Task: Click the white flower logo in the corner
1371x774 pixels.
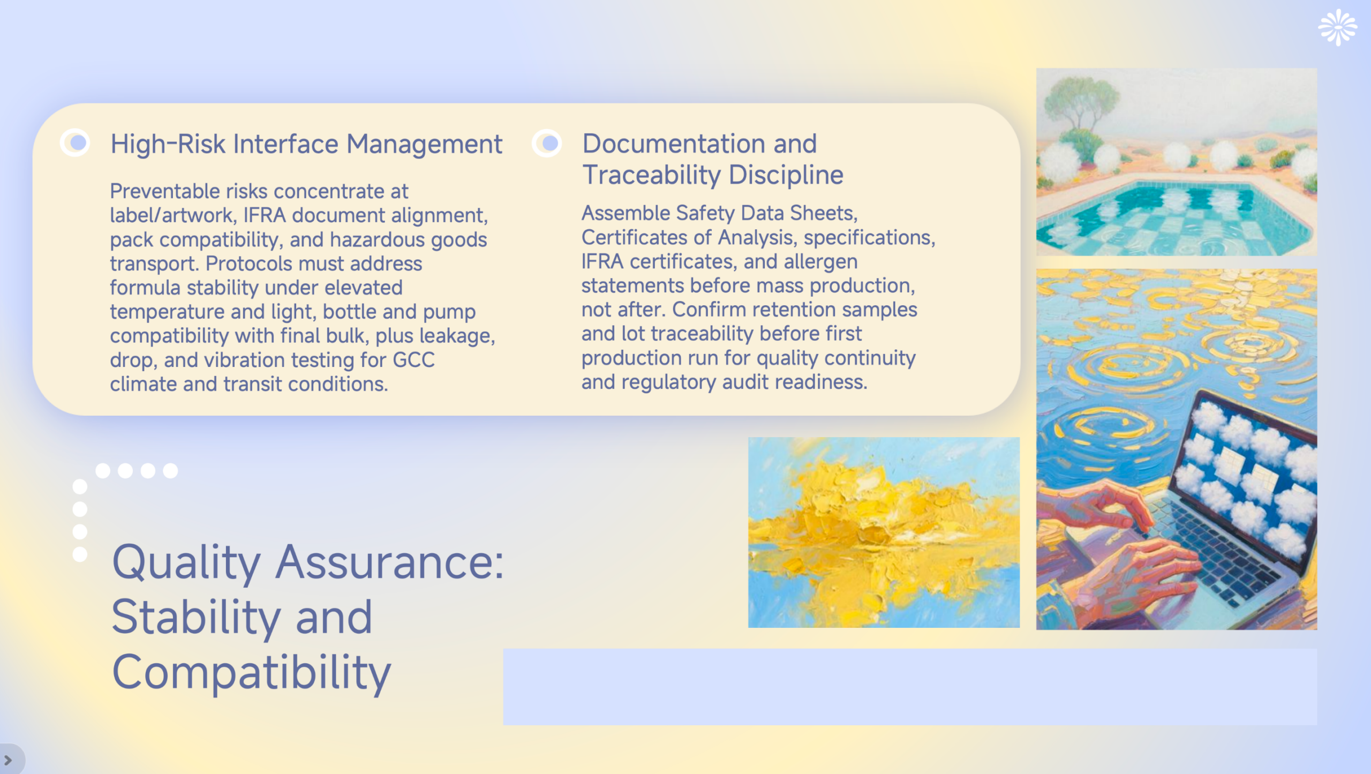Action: point(1337,27)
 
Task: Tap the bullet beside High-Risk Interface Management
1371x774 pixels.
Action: point(75,142)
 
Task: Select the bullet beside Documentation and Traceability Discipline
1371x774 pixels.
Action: point(547,143)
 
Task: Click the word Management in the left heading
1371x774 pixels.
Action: point(424,144)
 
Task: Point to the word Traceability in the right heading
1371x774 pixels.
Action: point(652,175)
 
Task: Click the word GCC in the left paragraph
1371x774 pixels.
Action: point(413,360)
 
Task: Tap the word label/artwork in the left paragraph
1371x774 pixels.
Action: point(173,215)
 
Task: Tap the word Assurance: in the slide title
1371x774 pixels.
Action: point(389,562)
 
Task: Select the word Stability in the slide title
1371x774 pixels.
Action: point(196,618)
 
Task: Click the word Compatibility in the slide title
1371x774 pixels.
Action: point(252,673)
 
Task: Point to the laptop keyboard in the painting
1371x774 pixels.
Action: point(1216,552)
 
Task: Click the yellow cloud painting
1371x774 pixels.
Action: point(884,532)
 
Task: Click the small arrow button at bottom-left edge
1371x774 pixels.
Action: point(8,760)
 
